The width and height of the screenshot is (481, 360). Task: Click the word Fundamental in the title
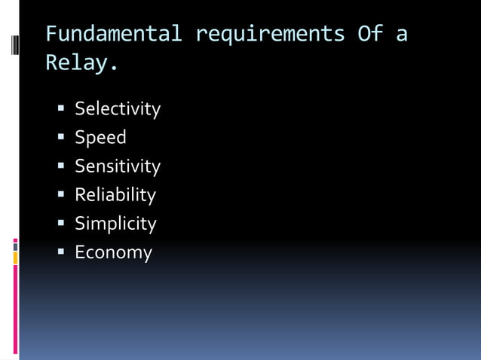pyautogui.click(x=113, y=35)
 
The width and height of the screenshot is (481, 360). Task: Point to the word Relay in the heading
pyautogui.click(x=78, y=63)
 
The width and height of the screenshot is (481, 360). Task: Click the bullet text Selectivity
pyautogui.click(x=118, y=109)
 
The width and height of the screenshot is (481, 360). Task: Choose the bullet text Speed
pyautogui.click(x=100, y=138)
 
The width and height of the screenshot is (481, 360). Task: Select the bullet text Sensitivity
pyautogui.click(x=118, y=166)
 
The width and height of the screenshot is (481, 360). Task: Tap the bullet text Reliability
pyautogui.click(x=115, y=195)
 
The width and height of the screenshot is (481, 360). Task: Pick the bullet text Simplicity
pyautogui.click(x=115, y=224)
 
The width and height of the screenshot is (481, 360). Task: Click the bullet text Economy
pyautogui.click(x=113, y=252)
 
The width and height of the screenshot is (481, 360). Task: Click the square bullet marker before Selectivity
pyautogui.click(x=62, y=108)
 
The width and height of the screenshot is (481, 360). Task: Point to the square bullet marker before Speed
pyautogui.click(x=62, y=137)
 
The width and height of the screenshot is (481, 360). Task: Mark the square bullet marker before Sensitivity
pyautogui.click(x=62, y=166)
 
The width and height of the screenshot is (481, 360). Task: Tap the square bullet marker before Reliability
pyautogui.click(x=62, y=194)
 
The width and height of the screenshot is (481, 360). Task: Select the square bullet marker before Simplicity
pyautogui.click(x=62, y=223)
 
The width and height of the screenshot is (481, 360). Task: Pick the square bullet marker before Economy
pyautogui.click(x=62, y=252)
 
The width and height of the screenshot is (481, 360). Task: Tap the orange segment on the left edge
pyautogui.click(x=15, y=258)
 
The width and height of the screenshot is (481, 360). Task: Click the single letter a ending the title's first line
pyautogui.click(x=401, y=35)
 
